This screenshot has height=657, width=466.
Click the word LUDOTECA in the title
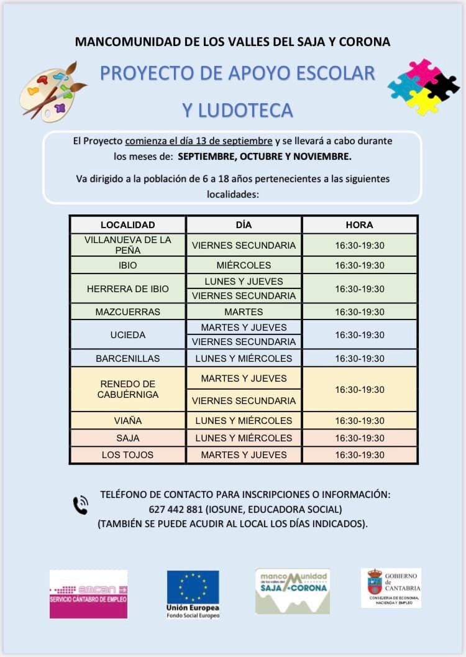tap(237, 110)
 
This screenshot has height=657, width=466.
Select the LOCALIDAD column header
tap(127, 224)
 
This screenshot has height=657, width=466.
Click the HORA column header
tap(359, 224)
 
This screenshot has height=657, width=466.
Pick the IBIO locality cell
tap(127, 265)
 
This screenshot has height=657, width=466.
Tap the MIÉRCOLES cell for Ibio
tap(244, 265)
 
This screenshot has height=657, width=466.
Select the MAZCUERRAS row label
tap(127, 311)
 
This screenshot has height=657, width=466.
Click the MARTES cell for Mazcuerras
tap(244, 311)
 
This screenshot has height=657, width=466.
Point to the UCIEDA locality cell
tap(127, 334)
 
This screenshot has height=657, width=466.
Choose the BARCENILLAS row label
tap(127, 358)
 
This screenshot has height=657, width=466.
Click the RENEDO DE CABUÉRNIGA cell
tap(127, 389)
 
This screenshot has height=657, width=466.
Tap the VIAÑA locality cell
tap(127, 420)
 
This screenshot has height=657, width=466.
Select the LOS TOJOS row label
tap(127, 454)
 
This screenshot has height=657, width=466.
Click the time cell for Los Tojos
tap(359, 454)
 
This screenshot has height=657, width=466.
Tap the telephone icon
tap(81, 505)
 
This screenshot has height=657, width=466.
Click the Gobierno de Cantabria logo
tap(391, 587)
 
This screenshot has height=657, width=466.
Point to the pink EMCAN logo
tap(88, 594)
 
